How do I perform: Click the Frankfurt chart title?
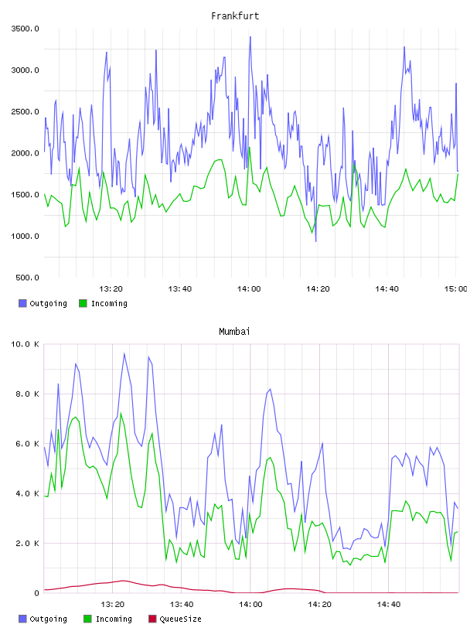235,16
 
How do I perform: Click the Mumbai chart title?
234,332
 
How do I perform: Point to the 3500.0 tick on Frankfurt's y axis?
25,29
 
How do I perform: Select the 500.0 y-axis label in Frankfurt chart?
27,278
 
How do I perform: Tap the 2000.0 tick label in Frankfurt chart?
25,153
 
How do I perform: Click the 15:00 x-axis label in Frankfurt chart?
455,289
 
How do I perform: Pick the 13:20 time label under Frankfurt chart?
111,289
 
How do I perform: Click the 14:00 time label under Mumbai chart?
250,605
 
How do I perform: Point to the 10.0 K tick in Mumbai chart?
25,344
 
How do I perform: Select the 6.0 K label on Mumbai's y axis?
27,444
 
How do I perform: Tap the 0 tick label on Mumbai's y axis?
36,593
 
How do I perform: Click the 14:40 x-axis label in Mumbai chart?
389,605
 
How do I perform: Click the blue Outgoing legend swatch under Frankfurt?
22,303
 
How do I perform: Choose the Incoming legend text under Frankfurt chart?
109,303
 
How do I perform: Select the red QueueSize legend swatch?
152,619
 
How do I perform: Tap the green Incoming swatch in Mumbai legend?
87,619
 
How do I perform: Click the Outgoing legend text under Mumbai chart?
48,619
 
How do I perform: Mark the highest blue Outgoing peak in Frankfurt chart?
250,37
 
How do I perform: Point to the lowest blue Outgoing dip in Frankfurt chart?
316,241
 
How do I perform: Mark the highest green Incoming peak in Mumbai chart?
121,413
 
